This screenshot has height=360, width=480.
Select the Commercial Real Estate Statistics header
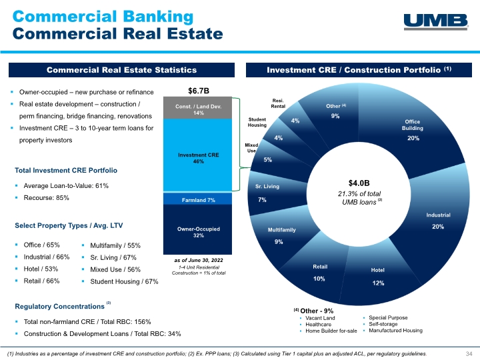coord(121,70)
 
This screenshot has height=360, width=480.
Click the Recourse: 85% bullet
coord(46,198)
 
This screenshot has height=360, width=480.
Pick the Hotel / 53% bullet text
coord(41,269)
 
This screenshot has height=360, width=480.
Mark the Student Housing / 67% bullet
coord(124,281)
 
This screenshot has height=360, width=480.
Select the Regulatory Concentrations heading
coord(59,307)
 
